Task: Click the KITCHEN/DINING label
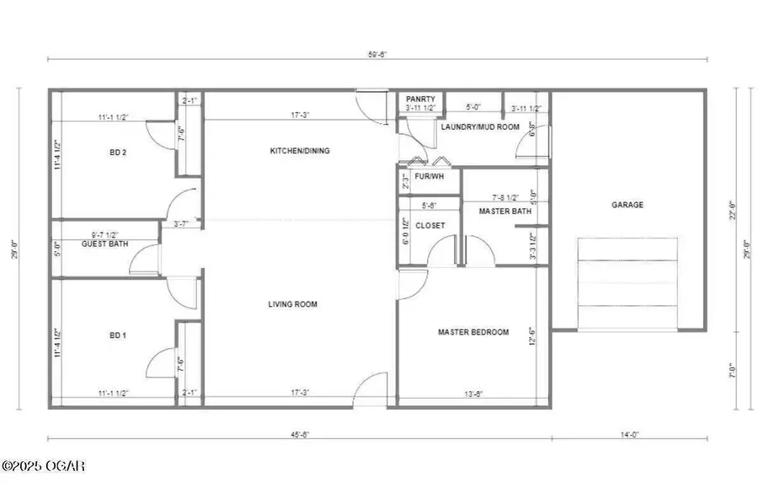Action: point(299,152)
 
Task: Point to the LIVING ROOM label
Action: point(292,304)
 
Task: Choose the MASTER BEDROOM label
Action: point(473,332)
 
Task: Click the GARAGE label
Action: point(627,205)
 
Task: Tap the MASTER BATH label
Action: point(505,211)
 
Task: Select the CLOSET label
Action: point(430,225)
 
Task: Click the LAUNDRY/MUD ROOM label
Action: point(478,127)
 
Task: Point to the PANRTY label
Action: point(420,99)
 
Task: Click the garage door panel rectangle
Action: point(627,273)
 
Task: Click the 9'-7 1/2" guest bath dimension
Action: point(104,235)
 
